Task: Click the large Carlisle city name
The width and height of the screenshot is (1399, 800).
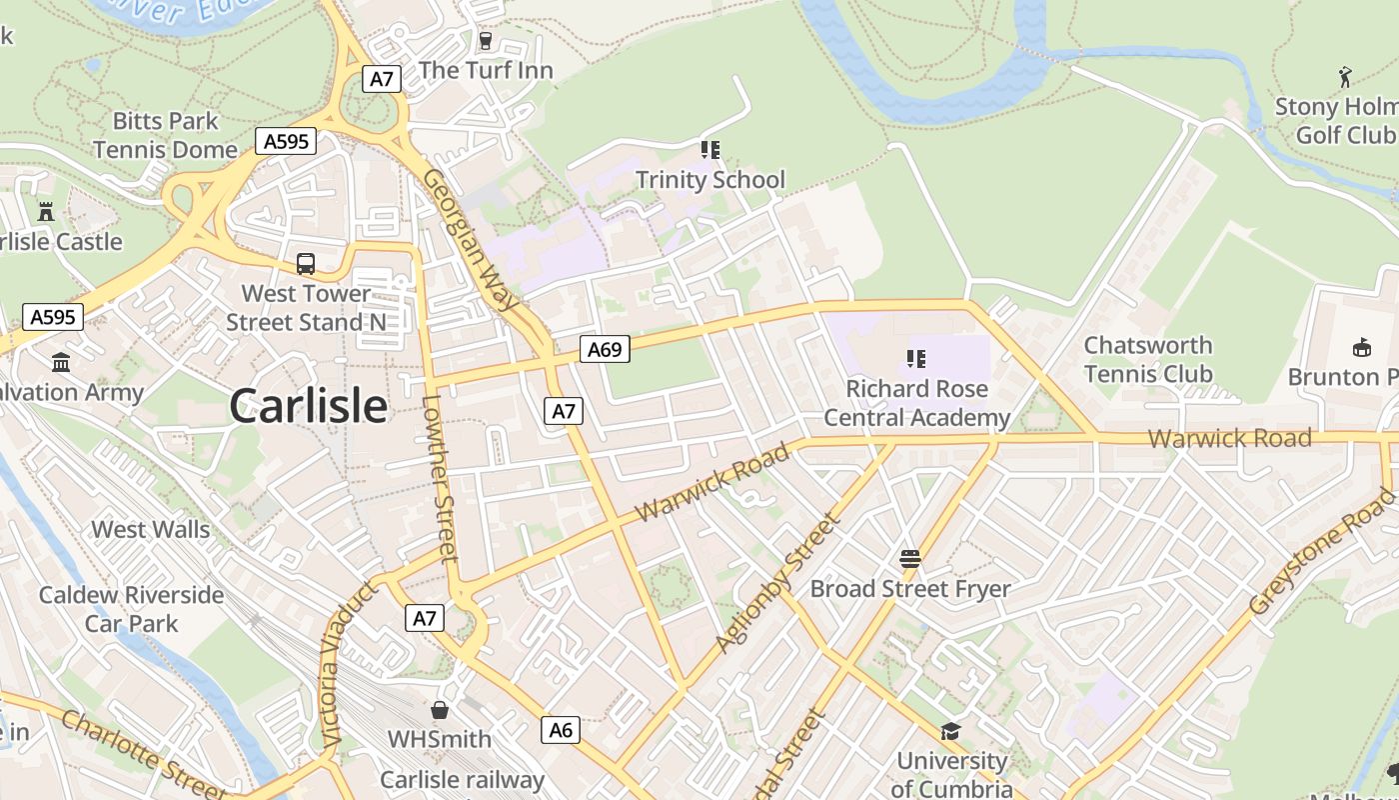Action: click(308, 406)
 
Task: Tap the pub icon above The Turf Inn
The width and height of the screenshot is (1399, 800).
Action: click(486, 41)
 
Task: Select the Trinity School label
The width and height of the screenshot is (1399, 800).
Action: click(710, 180)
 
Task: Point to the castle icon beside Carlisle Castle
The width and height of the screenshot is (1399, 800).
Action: click(46, 212)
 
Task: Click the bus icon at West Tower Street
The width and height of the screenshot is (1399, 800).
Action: click(306, 264)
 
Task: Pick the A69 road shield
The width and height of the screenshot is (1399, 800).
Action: click(605, 349)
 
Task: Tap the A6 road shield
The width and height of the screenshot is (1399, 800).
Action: click(562, 730)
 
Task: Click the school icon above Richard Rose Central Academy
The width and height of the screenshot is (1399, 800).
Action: click(915, 358)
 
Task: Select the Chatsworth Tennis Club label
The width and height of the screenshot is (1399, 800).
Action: click(1148, 360)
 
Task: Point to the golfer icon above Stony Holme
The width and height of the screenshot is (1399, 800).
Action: click(1345, 77)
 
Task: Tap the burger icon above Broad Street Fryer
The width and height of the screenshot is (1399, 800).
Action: click(909, 558)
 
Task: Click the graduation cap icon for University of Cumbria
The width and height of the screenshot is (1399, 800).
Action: click(950, 732)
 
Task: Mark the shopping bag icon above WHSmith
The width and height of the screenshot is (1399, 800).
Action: click(440, 710)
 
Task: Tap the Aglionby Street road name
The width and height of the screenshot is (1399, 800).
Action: click(776, 583)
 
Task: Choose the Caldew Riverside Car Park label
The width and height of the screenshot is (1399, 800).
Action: click(131, 609)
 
